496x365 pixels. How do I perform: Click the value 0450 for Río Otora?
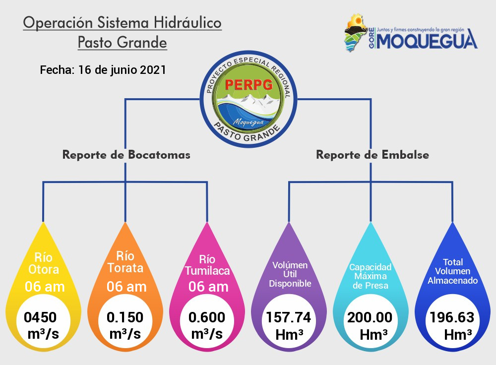[40, 317]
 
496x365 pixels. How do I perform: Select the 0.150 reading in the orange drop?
[125, 317]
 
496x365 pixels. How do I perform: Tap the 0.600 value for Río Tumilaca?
[207, 317]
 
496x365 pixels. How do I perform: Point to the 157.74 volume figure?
[289, 317]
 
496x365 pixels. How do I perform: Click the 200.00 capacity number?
[370, 317]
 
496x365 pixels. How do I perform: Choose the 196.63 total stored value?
[452, 317]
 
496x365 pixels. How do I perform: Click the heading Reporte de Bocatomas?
[126, 155]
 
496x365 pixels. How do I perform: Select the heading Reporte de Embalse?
[372, 155]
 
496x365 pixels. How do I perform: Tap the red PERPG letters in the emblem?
[248, 84]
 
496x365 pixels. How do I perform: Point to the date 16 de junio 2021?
[122, 69]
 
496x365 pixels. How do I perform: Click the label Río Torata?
[125, 262]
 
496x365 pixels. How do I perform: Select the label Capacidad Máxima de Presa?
[371, 276]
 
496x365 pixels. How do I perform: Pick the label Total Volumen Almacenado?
[453, 271]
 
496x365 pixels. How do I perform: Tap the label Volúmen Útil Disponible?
[290, 274]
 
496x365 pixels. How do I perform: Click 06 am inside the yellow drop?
[45, 287]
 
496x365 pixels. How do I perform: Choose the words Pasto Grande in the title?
[123, 42]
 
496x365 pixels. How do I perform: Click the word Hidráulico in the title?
[187, 22]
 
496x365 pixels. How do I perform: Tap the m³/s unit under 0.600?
[207, 334]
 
